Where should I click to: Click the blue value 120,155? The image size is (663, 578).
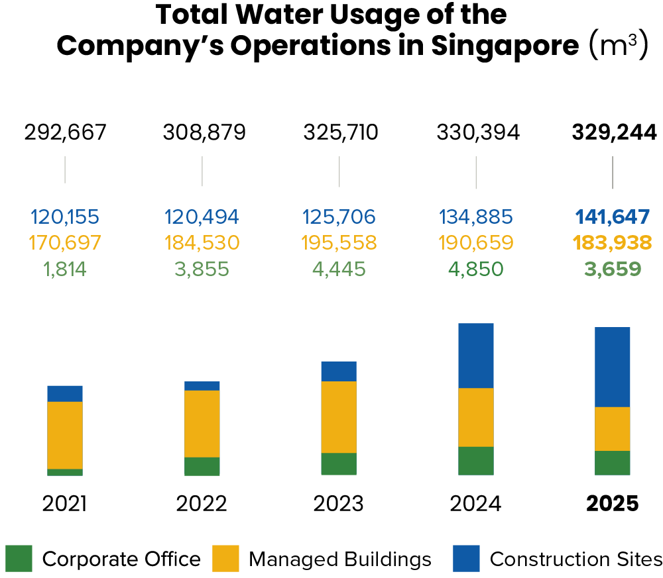click(65, 217)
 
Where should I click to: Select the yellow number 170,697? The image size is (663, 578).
click(65, 243)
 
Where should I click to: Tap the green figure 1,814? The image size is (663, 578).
click(65, 269)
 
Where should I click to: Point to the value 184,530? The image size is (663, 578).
click(202, 243)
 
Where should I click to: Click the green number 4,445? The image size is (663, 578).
click(339, 269)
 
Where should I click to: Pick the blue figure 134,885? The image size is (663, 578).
click(476, 217)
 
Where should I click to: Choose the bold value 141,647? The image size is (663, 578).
click(613, 217)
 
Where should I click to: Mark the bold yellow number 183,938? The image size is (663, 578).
click(613, 243)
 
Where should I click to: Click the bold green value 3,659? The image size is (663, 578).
click(613, 269)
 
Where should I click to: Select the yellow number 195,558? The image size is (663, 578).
click(339, 243)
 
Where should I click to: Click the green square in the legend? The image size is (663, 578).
click(19, 558)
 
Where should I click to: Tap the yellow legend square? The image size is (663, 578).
click(225, 558)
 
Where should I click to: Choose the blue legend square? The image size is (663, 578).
click(466, 558)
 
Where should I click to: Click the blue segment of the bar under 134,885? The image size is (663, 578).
click(476, 356)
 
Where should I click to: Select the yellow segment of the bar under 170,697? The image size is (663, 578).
click(65, 435)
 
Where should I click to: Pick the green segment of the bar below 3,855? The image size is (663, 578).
click(202, 466)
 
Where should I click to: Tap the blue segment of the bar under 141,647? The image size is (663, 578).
click(613, 367)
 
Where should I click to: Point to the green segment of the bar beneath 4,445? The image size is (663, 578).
click(339, 464)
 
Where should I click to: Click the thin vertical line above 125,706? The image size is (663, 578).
click(339, 171)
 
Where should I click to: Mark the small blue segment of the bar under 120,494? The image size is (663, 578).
click(202, 386)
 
